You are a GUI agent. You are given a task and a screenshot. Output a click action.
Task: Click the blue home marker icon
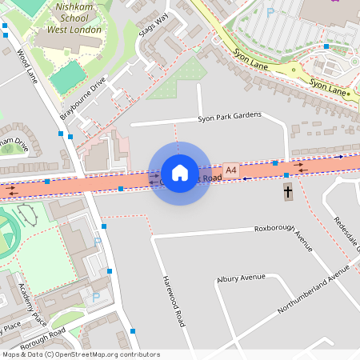(180, 173)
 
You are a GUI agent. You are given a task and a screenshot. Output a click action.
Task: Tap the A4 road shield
(231, 170)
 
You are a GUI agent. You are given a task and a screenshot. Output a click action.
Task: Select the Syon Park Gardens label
(230, 116)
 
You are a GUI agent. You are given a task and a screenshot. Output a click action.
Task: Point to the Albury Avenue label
(240, 278)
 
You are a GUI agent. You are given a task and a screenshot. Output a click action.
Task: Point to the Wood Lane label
(26, 66)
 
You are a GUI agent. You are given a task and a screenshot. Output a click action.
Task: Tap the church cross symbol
(288, 192)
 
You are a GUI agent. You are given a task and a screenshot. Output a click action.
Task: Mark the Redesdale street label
(347, 232)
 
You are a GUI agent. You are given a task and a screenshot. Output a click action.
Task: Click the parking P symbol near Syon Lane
(270, 12)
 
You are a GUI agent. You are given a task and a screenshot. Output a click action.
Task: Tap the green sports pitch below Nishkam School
(70, 77)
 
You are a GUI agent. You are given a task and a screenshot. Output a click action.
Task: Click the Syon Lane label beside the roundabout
(329, 86)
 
